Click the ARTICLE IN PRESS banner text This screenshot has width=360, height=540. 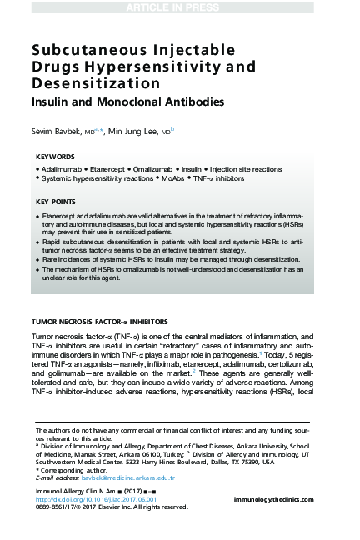[x=180, y=7]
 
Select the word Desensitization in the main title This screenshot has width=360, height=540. [x=89, y=84]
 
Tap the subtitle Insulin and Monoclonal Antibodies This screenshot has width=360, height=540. [x=122, y=104]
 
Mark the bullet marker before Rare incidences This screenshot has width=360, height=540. [x=38, y=260]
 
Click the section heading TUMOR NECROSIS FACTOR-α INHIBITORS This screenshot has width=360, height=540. [x=99, y=321]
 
